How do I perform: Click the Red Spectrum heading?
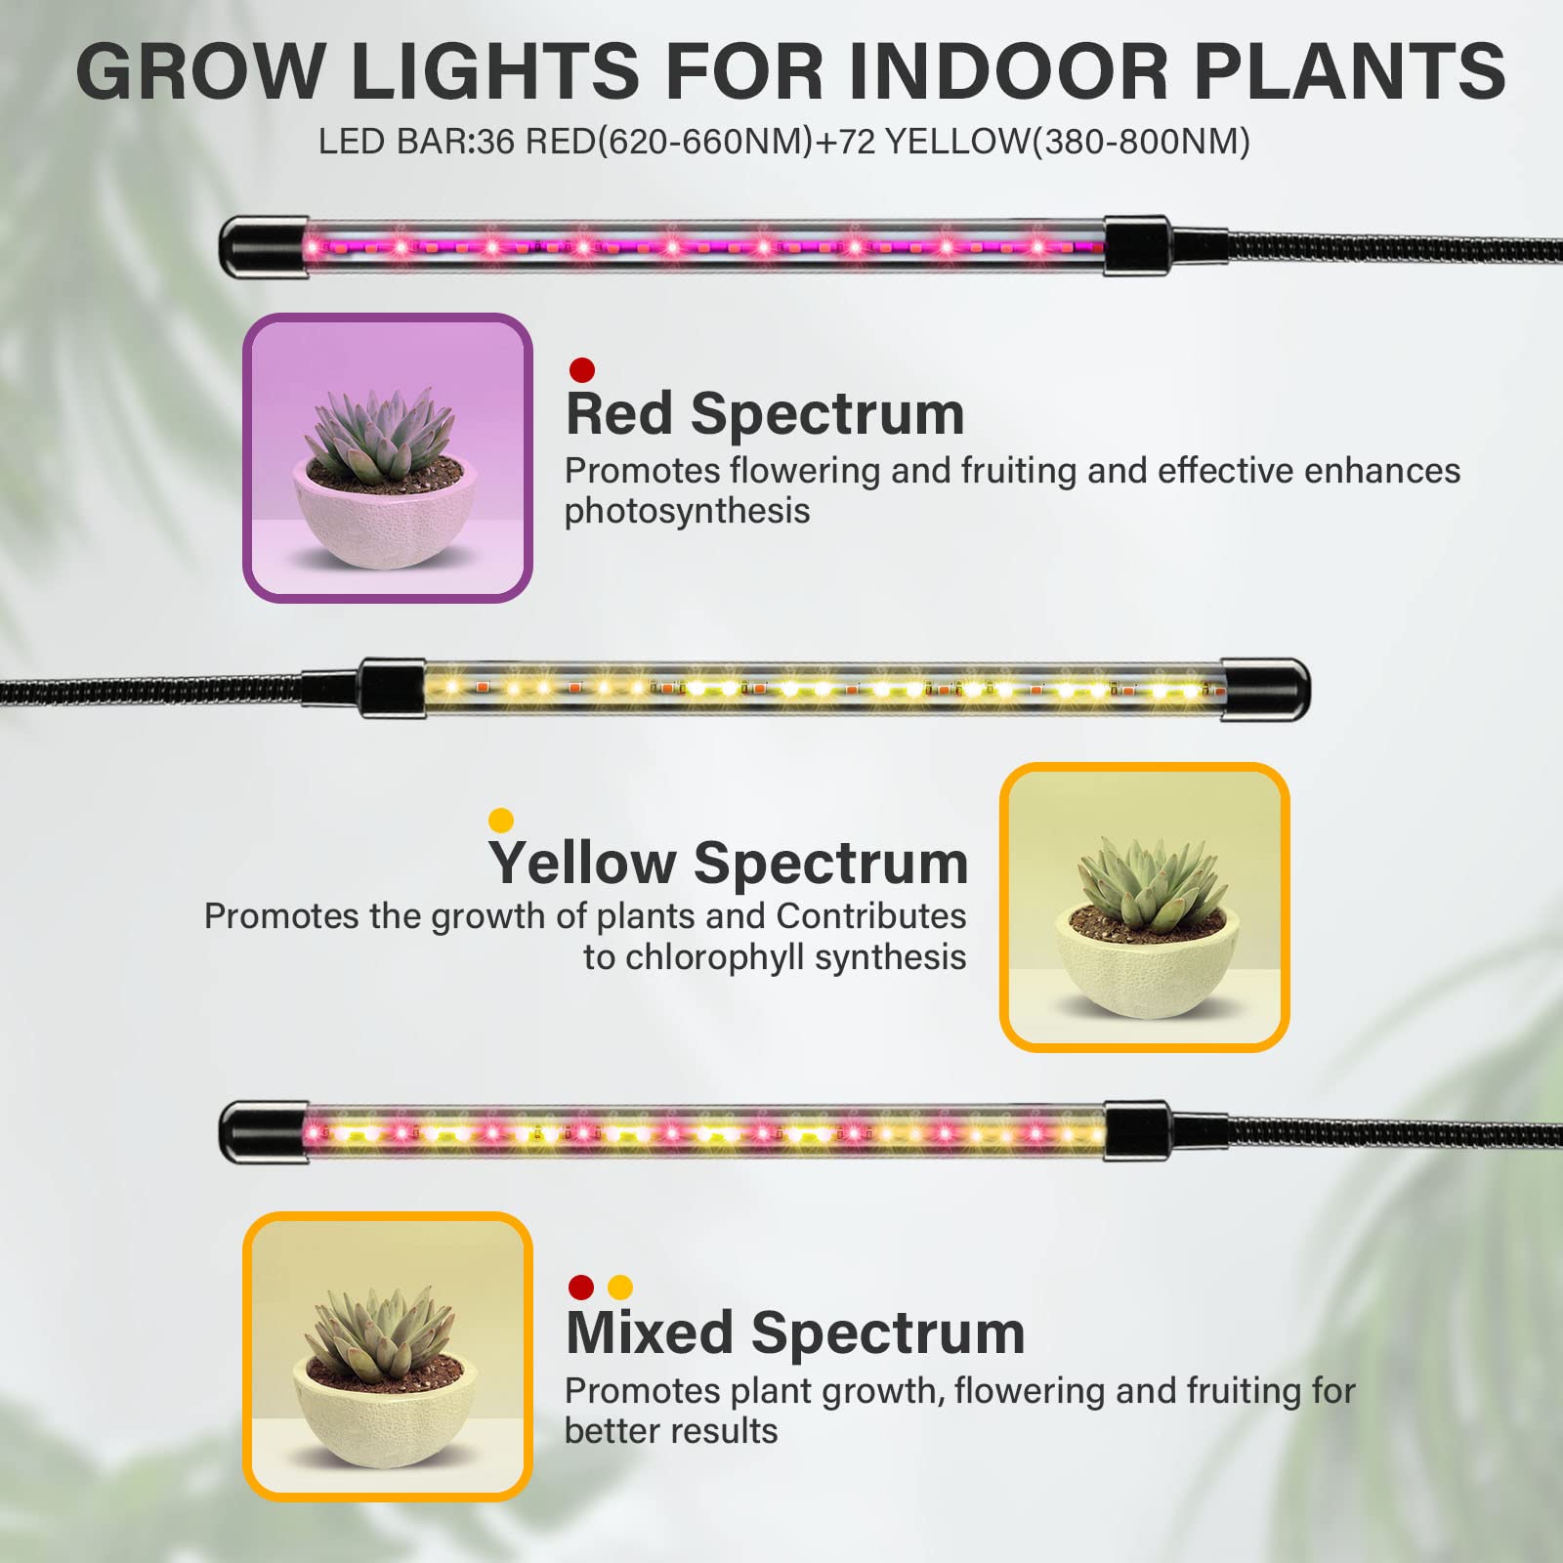[765, 413]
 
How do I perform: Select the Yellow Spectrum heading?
[728, 863]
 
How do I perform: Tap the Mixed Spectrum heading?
[795, 1332]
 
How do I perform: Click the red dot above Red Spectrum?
[582, 370]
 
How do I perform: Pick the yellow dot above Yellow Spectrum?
[501, 820]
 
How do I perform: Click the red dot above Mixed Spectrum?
[581, 1288]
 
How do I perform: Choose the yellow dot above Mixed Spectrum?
[620, 1288]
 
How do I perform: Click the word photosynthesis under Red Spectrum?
[687, 511]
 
